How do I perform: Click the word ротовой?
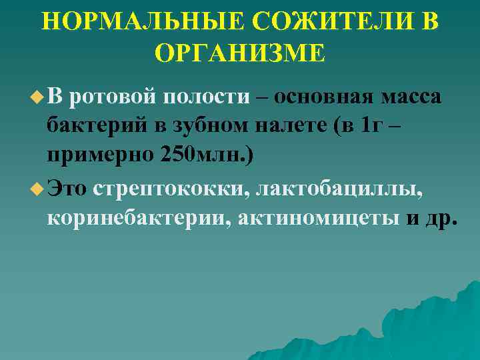[110, 97]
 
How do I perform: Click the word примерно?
[100, 158]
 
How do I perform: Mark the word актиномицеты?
[314, 220]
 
